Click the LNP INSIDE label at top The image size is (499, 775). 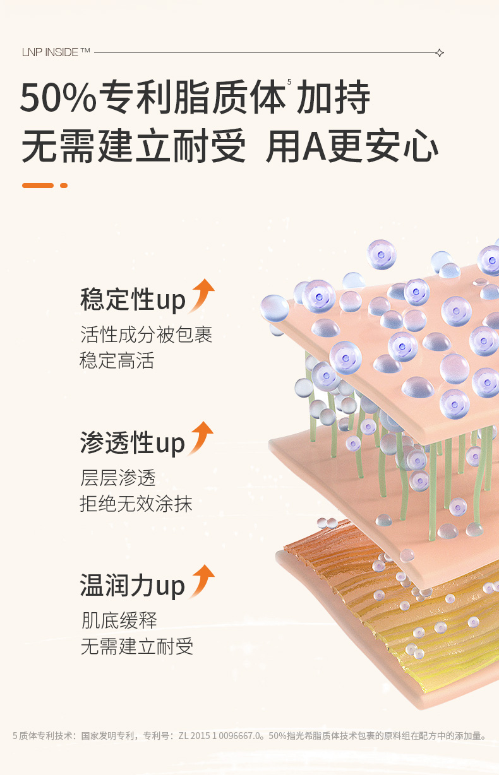(x=56, y=52)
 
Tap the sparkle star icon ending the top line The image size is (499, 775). (x=440, y=53)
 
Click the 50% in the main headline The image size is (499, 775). (x=58, y=98)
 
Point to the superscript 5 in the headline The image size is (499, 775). (x=289, y=82)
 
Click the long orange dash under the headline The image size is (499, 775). (x=38, y=186)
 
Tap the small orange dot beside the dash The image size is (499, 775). (x=64, y=186)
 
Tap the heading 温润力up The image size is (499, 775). (x=133, y=586)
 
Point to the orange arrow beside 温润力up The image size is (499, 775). (x=203, y=581)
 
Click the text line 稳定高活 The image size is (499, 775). (x=117, y=361)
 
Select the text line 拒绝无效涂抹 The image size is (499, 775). (x=136, y=504)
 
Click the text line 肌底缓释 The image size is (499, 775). (x=118, y=620)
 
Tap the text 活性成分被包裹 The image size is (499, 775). (x=146, y=334)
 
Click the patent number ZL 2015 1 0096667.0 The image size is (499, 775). (x=220, y=736)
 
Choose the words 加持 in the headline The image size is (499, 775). (x=334, y=98)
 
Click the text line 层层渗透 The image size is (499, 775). (x=117, y=477)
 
